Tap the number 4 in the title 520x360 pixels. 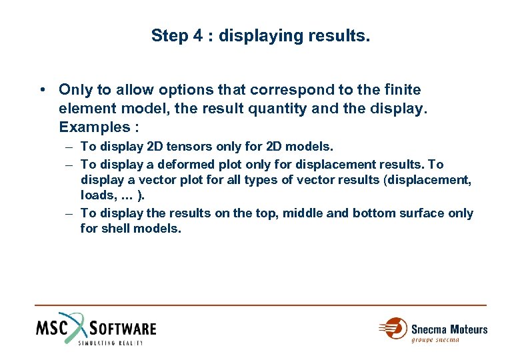[x=197, y=35]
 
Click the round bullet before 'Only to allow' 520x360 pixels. [x=42, y=89]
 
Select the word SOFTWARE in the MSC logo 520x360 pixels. [x=123, y=329]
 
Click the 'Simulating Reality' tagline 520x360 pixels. [x=110, y=343]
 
